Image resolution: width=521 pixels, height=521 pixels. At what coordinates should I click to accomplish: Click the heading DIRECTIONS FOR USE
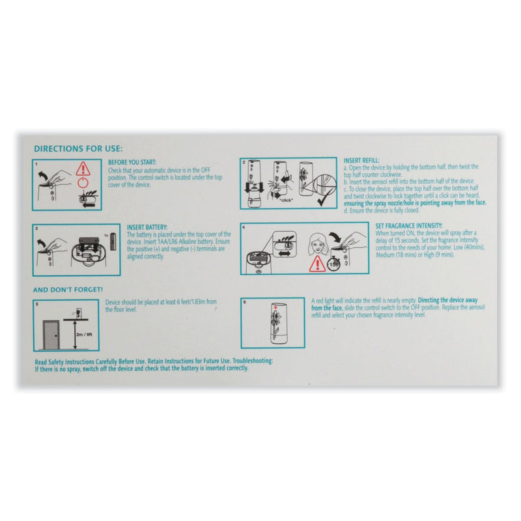[x=77, y=148]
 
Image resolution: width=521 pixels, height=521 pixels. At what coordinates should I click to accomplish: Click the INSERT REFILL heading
[x=361, y=161]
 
